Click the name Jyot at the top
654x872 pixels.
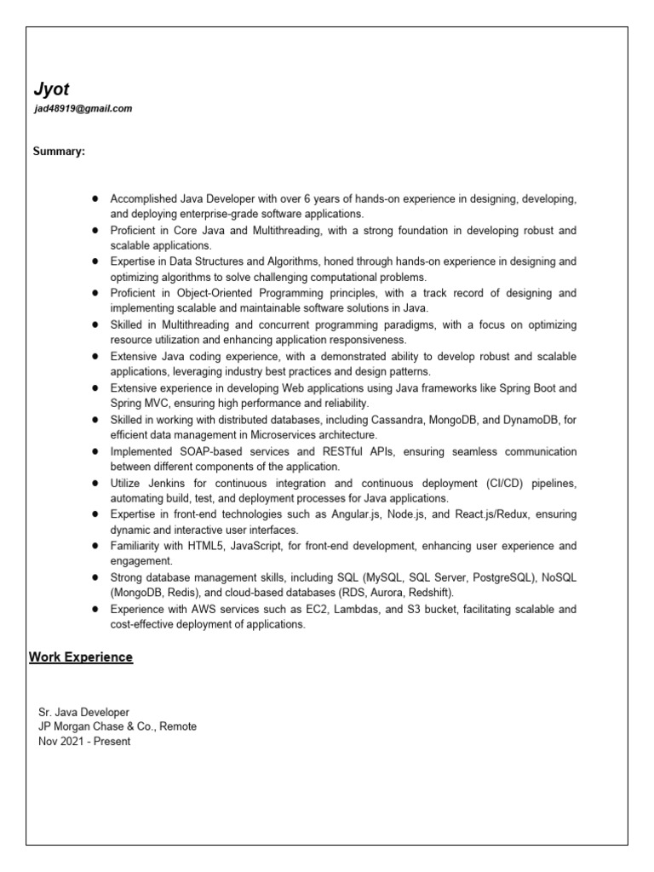point(51,89)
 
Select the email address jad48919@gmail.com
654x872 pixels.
point(83,109)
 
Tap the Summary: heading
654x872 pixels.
point(59,152)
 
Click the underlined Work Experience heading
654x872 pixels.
point(81,657)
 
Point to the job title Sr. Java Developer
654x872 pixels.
point(84,711)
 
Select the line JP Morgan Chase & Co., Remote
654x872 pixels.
point(118,726)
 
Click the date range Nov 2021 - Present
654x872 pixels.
point(84,741)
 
